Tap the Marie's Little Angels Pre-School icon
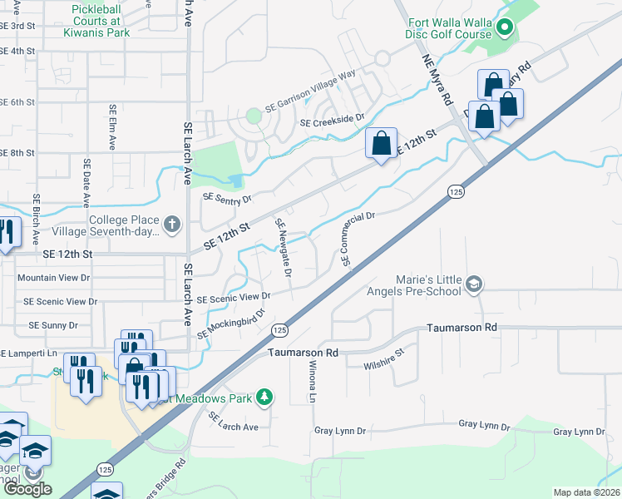[474, 284]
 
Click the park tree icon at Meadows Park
[264, 396]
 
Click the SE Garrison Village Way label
[310, 91]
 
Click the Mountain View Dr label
[53, 277]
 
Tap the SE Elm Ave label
[111, 126]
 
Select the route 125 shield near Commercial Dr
[455, 192]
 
